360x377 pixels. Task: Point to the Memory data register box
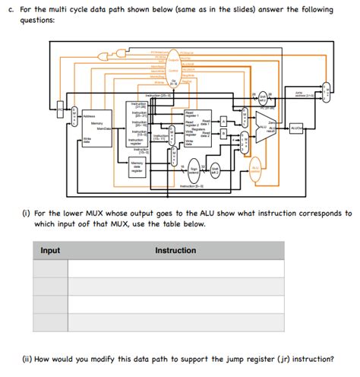[137, 167]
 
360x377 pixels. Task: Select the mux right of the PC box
[74, 116]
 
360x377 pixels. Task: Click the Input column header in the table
[50, 250]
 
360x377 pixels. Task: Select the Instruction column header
[175, 250]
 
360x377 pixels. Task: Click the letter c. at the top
[23, 9]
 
